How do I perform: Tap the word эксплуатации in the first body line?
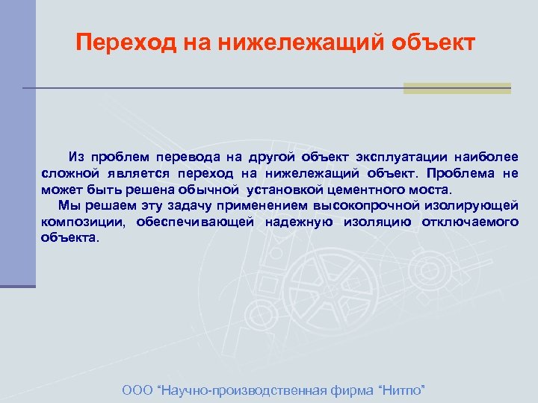coord(392,157)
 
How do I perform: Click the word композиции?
coord(84,222)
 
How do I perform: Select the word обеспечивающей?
coord(195,222)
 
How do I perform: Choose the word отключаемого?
coord(469,222)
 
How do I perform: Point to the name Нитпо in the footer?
coord(403,390)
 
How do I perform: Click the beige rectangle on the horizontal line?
coord(457,88)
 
